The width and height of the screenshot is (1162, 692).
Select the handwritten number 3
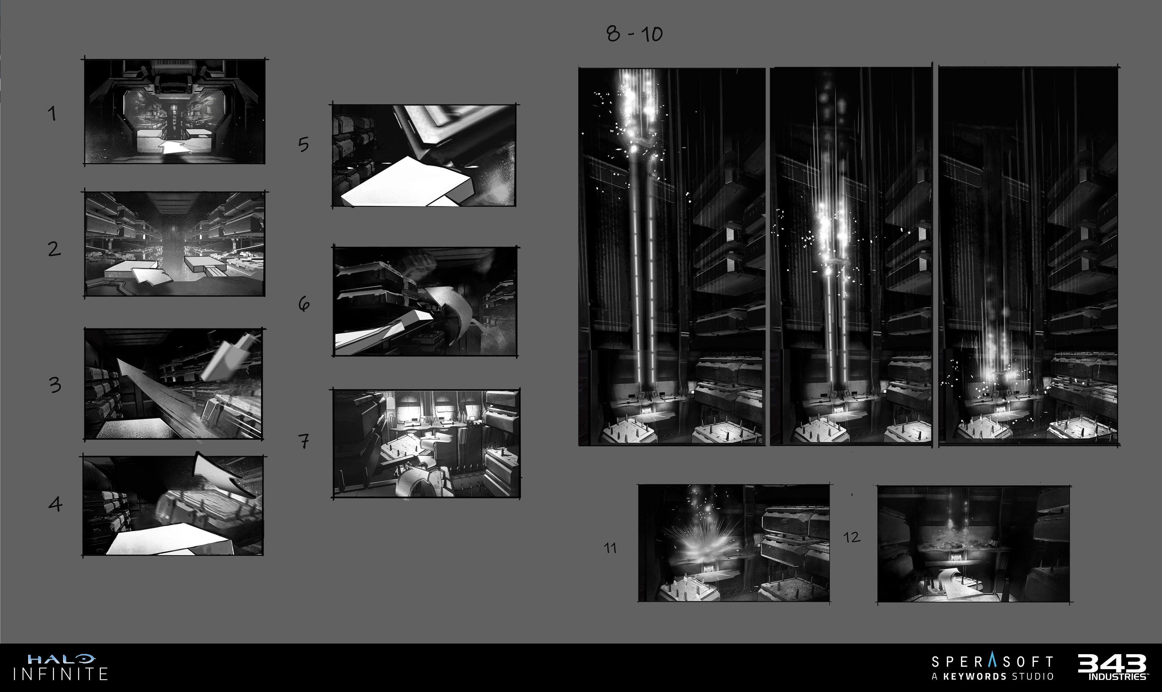(55, 385)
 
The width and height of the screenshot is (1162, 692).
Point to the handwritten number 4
(55, 504)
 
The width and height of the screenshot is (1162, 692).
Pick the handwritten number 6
(304, 304)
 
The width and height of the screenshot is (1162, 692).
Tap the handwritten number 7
(304, 441)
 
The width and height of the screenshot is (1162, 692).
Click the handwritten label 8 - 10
(635, 34)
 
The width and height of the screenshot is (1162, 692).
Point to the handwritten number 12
(852, 537)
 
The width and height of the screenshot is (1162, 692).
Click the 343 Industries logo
(1113, 667)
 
